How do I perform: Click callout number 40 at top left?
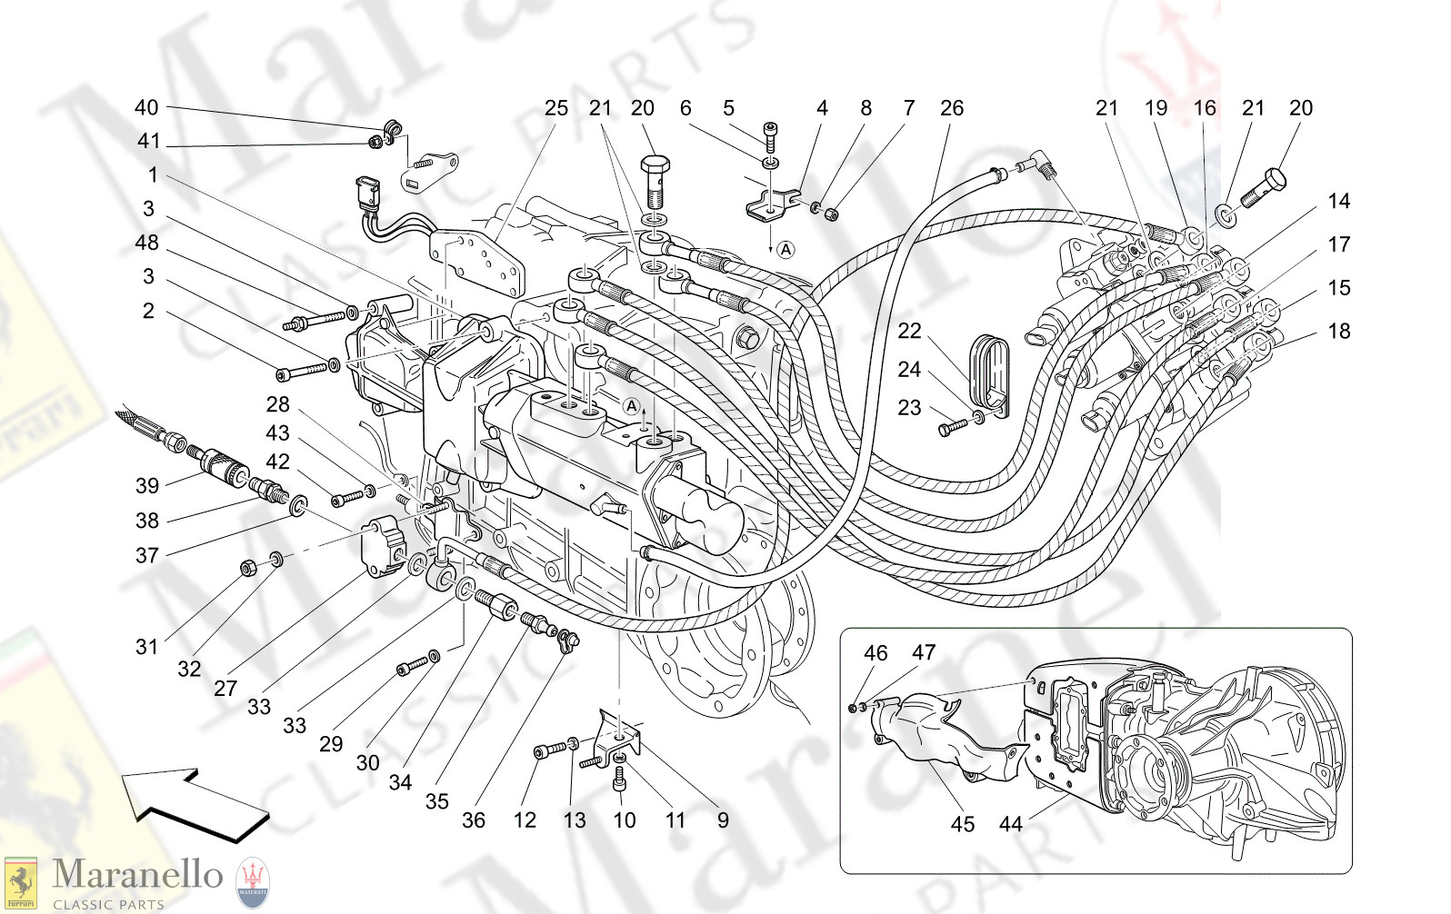click(x=146, y=107)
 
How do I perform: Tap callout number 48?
click(x=146, y=243)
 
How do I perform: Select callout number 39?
click(x=147, y=486)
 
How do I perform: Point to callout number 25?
click(x=555, y=108)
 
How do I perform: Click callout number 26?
click(x=951, y=108)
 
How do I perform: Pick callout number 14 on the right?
click(x=1338, y=202)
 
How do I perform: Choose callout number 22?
click(x=909, y=331)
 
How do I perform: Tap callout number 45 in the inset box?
click(x=962, y=824)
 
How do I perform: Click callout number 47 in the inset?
click(x=924, y=652)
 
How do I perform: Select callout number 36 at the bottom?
click(x=473, y=820)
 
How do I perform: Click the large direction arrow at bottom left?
click(x=195, y=804)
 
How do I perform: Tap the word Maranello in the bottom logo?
click(x=137, y=874)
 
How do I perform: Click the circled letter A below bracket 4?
click(x=786, y=249)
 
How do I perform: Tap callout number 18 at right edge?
click(x=1338, y=332)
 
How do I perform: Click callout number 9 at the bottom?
click(x=722, y=820)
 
